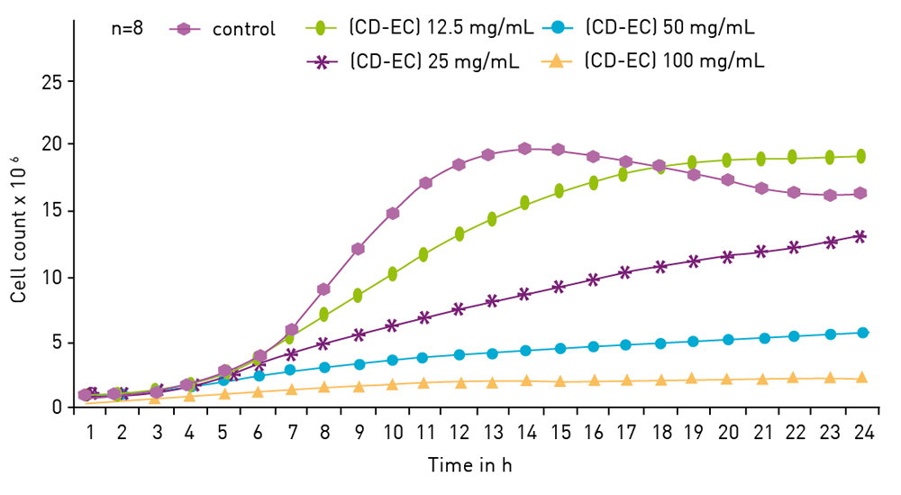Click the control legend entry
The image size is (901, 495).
coord(243,29)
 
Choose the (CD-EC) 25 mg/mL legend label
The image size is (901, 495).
coord(434,62)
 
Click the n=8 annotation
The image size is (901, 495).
coord(126,28)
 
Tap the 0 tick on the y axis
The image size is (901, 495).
coord(57,408)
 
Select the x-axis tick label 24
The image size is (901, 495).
coord(863,433)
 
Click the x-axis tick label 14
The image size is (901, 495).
coord(526,433)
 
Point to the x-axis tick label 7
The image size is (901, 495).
coord(292,433)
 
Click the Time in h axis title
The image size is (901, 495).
coord(470,466)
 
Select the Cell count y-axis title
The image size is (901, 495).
coord(18,230)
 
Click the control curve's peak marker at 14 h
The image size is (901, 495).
coord(525,149)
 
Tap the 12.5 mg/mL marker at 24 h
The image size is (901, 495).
coord(860,156)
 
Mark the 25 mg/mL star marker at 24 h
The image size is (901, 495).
coord(860,236)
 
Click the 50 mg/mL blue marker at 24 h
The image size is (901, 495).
coord(862,333)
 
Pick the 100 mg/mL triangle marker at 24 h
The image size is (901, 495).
coord(861,378)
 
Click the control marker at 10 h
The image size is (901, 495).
coord(393,214)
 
